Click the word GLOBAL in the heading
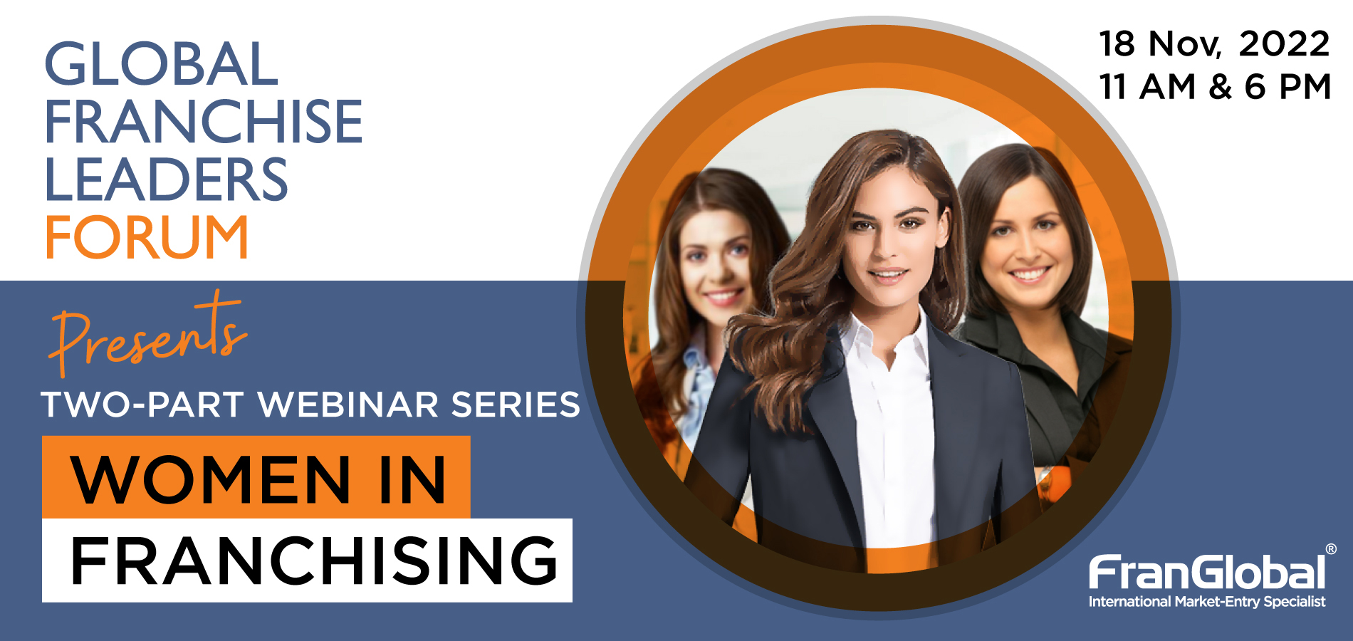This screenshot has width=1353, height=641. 161,64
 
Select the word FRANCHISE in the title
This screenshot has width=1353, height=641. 204,121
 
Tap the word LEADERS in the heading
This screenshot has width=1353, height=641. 167,179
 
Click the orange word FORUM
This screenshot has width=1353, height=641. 147,236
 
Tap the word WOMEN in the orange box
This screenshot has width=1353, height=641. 211,480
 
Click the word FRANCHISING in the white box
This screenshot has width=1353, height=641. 314,561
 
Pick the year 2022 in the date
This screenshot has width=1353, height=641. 1284,44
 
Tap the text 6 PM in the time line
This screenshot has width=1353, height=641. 1287,87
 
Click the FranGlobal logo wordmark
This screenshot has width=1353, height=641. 1207,573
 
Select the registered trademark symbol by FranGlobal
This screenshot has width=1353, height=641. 1331,549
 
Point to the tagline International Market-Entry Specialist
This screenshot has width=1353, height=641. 1207,602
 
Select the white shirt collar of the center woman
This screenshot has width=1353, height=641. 887,338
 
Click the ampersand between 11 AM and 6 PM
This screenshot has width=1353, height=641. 1220,87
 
